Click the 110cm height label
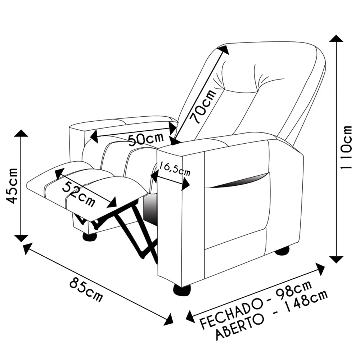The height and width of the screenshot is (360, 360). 346,147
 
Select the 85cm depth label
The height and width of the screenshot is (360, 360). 86,289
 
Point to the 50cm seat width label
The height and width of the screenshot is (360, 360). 146,139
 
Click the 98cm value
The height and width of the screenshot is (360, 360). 294,289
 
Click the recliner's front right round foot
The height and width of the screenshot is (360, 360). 182,290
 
